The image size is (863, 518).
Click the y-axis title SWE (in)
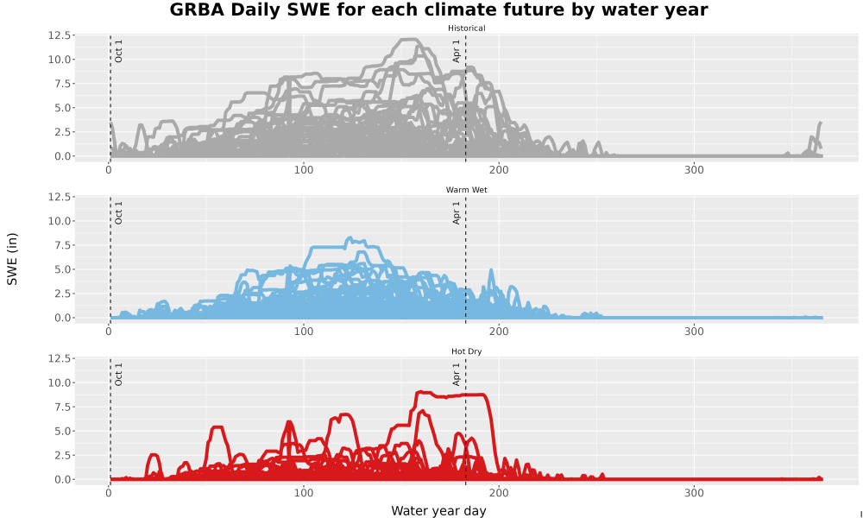click(12, 259)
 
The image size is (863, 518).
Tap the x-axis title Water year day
click(438, 511)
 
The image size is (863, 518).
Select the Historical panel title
click(467, 28)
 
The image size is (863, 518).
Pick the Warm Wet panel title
click(467, 190)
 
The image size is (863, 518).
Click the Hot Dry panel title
click(467, 351)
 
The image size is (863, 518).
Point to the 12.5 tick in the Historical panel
click(59, 35)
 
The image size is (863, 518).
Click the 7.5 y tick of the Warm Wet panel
click(61, 245)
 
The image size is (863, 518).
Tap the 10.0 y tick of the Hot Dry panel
click(59, 382)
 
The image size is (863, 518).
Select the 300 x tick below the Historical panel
click(694, 169)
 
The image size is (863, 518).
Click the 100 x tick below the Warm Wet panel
click(304, 332)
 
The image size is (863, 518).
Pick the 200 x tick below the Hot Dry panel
click(499, 493)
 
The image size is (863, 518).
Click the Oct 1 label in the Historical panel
click(118, 51)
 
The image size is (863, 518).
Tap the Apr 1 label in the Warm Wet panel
click(457, 213)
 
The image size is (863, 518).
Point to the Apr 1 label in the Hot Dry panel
click(457, 375)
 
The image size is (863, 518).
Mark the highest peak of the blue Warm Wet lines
click(349, 238)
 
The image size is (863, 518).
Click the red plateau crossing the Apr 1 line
click(466, 395)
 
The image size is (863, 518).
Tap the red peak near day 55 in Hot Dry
click(217, 427)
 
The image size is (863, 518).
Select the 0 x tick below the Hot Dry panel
click(109, 493)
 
